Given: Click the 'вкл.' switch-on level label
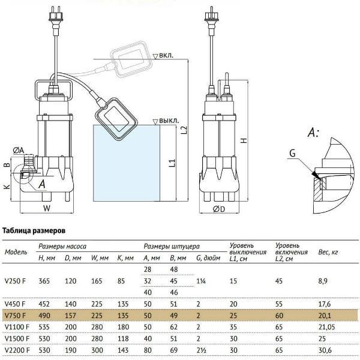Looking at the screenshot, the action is [166, 56].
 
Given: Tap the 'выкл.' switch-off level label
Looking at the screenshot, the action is [169, 121].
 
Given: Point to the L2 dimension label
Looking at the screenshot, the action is [184, 130].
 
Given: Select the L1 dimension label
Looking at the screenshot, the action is [172, 163].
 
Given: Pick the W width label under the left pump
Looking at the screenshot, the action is [47, 208].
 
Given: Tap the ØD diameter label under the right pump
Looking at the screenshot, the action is [219, 209].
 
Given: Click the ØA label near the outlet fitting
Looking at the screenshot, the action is [19, 151].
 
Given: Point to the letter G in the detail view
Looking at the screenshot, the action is [293, 153].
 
